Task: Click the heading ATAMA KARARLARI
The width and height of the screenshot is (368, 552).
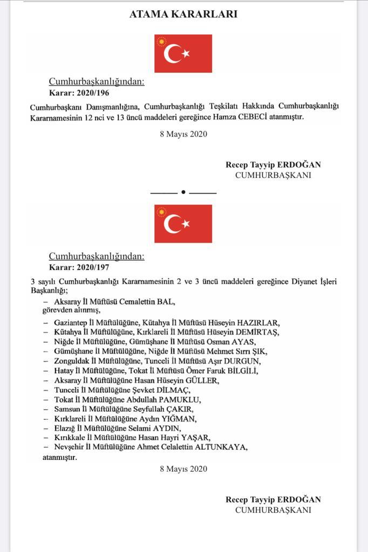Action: point(183,15)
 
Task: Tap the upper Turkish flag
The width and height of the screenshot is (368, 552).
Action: point(183,53)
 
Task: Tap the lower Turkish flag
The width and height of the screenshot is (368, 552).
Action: point(183,224)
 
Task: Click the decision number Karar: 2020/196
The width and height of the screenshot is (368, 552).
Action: point(76,93)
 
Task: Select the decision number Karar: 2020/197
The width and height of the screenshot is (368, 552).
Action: point(76,266)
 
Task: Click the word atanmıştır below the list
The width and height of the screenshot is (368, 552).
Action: point(59,457)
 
